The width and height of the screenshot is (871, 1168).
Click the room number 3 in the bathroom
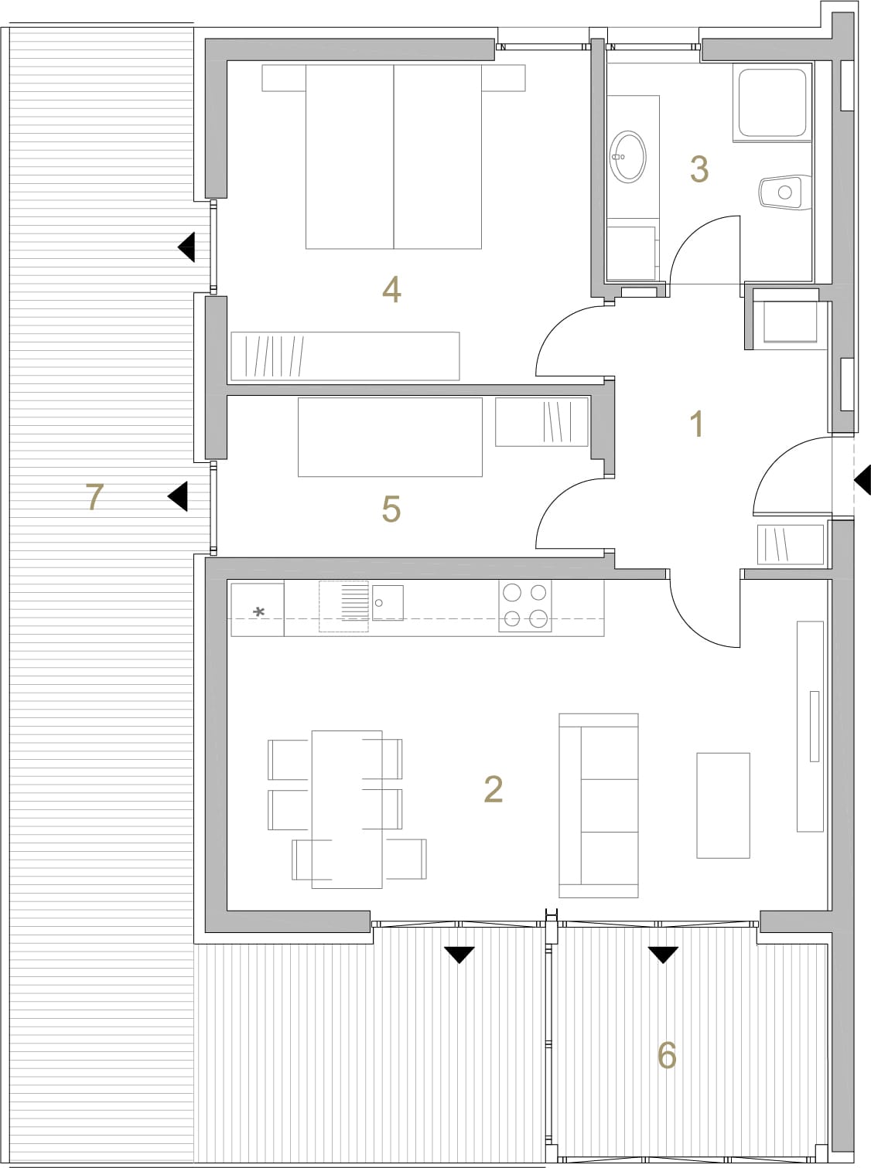coord(699,169)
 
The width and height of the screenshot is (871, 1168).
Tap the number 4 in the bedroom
coord(391,290)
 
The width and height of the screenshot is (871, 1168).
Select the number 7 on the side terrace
coord(94,496)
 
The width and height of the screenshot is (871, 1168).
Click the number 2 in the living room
coord(493,789)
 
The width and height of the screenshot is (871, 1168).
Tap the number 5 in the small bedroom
coord(391,509)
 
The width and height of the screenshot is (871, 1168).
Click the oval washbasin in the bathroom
coord(627,156)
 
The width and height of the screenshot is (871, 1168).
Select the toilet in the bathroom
coord(785,192)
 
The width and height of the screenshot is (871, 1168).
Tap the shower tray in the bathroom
coord(772,102)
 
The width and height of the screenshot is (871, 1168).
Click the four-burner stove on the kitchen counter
coord(525,606)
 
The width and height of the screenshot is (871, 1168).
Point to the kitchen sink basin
coord(388,603)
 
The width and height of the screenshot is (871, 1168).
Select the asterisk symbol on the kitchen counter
coord(258,612)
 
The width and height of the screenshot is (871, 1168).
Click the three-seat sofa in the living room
coord(599,805)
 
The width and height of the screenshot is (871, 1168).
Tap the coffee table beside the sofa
coord(723,805)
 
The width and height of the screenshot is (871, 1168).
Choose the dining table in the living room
coord(347,809)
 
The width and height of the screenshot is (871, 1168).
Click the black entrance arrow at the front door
coord(862,480)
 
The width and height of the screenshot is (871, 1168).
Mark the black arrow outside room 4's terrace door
coord(186,247)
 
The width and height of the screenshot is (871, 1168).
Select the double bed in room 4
coord(394,156)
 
